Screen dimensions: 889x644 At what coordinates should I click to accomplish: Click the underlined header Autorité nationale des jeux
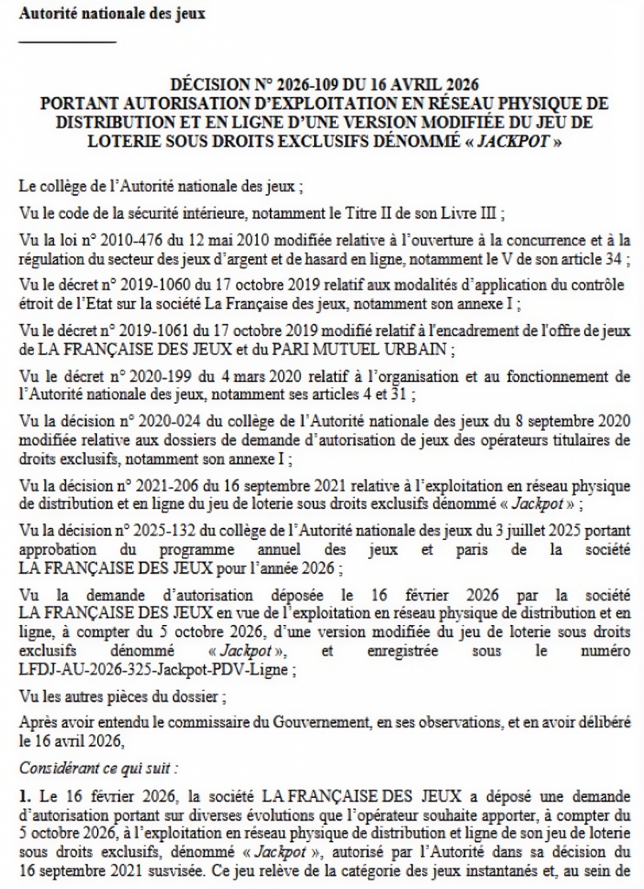coord(112,15)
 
